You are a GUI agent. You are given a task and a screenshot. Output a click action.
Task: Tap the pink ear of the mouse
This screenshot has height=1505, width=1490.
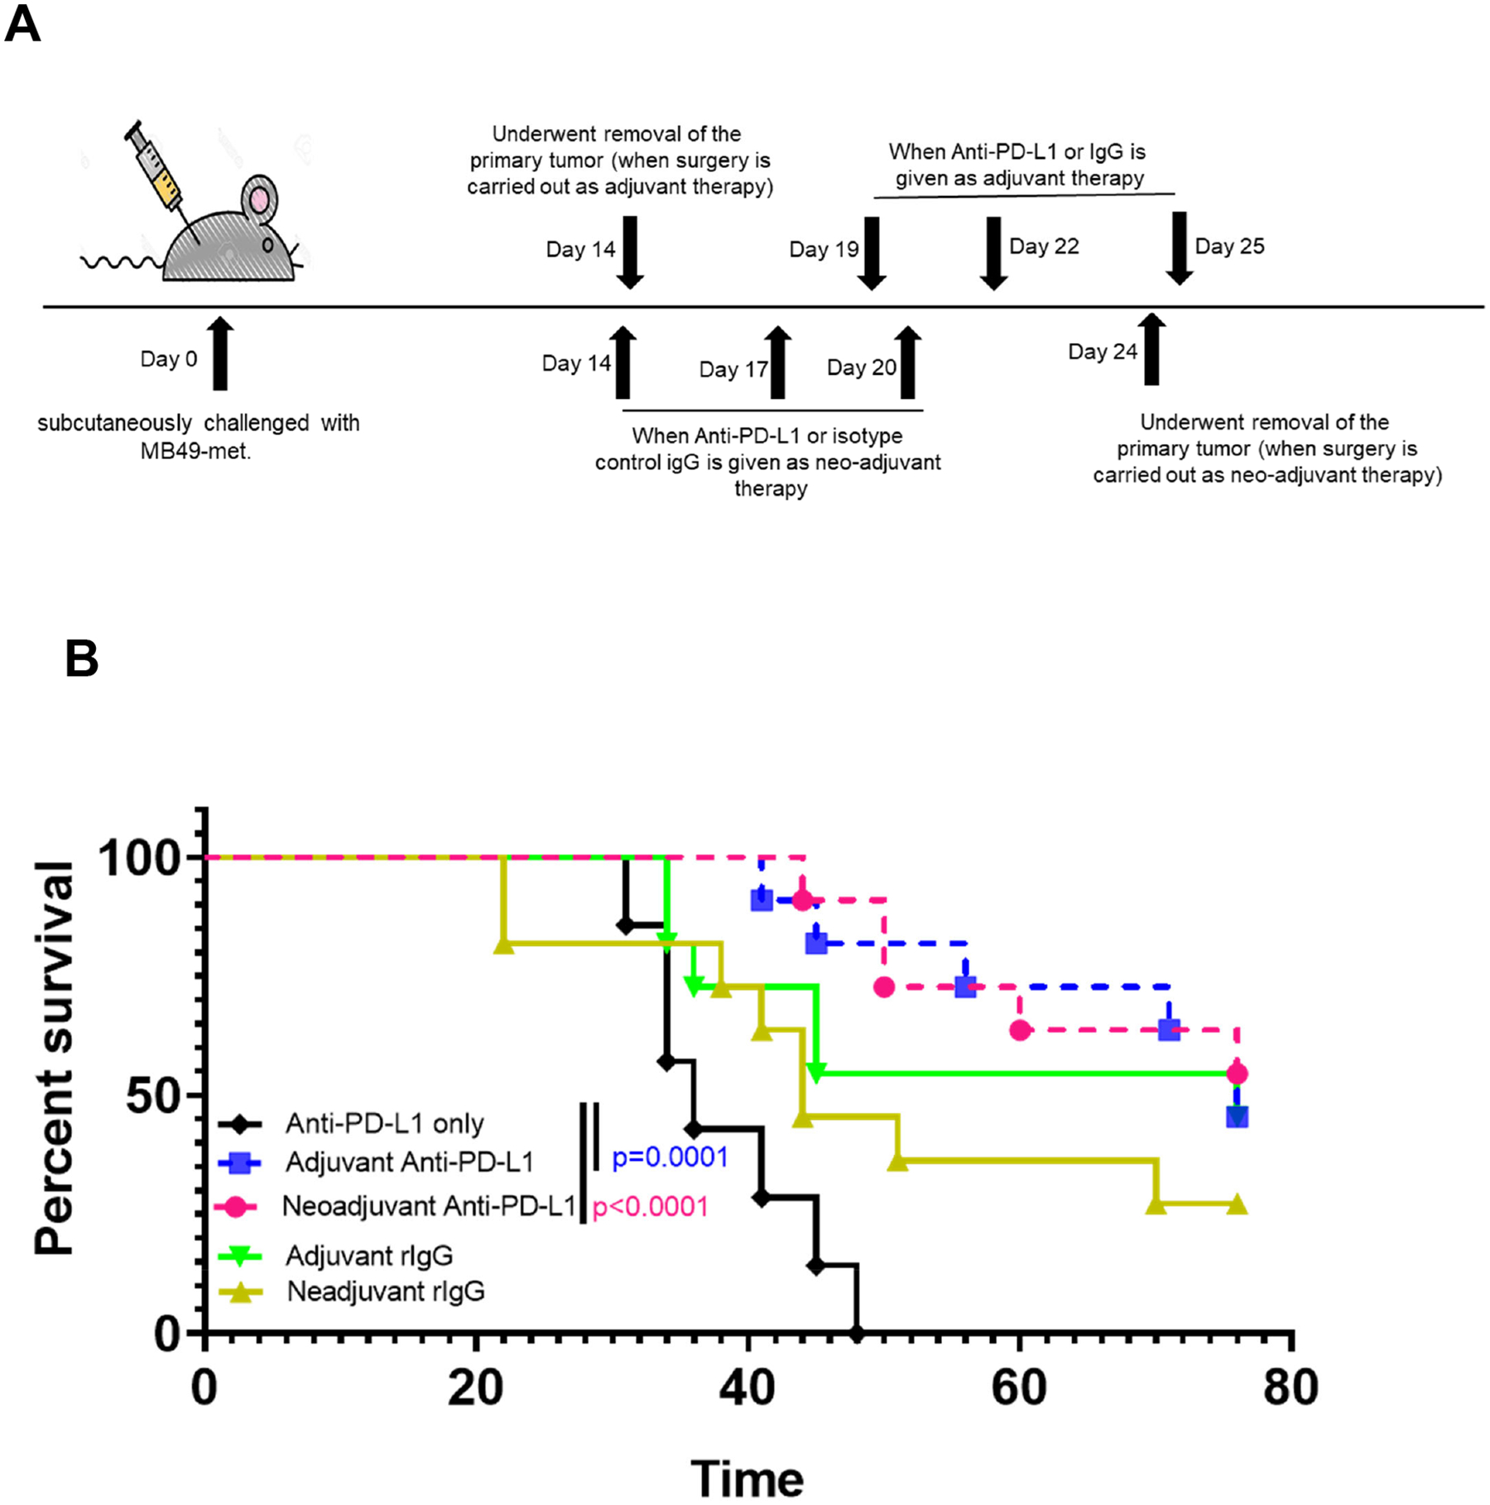(260, 199)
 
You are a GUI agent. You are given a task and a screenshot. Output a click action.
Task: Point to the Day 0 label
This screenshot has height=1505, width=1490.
(169, 359)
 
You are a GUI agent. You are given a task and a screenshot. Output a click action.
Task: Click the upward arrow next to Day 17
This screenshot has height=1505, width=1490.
(777, 362)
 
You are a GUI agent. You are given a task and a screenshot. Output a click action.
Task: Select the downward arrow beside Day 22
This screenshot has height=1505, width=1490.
(993, 252)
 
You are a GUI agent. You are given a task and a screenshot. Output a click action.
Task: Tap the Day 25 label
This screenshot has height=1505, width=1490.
(1229, 247)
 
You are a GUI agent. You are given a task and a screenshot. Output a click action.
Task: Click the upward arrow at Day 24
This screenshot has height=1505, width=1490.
(1151, 348)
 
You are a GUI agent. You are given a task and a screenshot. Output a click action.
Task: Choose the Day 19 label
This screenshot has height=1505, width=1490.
(824, 249)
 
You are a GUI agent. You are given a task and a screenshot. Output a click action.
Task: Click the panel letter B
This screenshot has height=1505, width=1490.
(81, 659)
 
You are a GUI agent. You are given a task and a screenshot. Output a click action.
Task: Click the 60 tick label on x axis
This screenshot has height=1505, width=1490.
(1019, 1388)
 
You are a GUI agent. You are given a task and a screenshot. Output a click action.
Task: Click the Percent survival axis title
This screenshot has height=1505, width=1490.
(55, 1058)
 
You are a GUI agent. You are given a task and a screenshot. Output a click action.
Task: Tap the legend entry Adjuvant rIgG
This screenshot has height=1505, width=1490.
(369, 1255)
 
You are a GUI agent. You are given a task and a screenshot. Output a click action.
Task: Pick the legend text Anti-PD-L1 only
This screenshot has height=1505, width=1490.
(384, 1124)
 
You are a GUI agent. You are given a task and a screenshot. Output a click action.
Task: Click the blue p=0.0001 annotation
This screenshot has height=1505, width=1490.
(670, 1157)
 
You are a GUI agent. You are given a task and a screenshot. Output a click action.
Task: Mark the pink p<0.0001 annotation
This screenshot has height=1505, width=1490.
(651, 1206)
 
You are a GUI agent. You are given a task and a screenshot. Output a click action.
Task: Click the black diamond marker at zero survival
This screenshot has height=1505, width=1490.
(857, 1333)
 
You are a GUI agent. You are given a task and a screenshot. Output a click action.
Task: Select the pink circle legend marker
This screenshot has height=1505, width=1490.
(236, 1206)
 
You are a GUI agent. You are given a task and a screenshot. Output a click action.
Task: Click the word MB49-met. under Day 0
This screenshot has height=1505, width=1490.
(195, 452)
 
